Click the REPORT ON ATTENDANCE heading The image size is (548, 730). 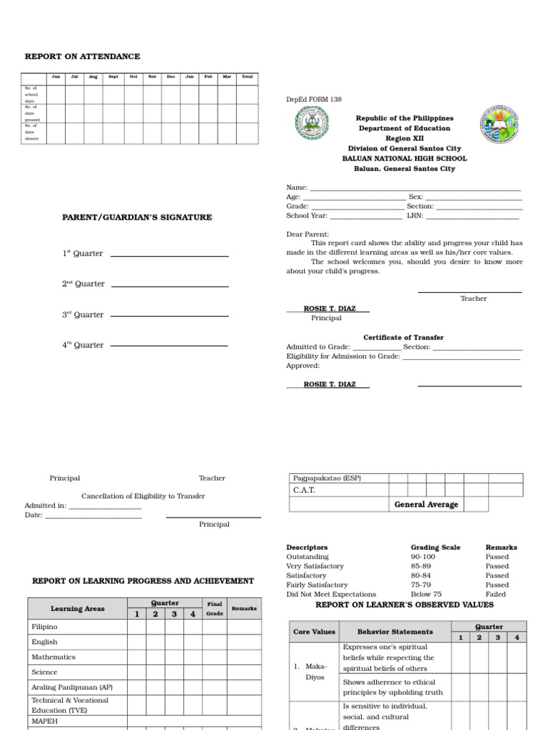coord(82,56)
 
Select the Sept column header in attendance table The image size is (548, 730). coord(113,77)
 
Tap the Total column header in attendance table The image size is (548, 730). coord(247,77)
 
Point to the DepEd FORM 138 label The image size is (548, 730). coord(310,100)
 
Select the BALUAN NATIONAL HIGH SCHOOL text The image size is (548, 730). coord(405,159)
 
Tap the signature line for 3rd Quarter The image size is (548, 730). coord(170,316)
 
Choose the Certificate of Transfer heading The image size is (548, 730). coord(403,337)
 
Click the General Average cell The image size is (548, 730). coord(427,505)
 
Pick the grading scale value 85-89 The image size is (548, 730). coord(420,566)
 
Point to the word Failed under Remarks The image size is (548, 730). coord(496,594)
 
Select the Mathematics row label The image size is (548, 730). coord(54,657)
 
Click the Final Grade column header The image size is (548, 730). coord(215,608)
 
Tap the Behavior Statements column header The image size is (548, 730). coord(395,632)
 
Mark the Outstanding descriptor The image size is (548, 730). coord(308,557)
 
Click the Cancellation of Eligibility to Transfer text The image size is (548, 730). coord(143,496)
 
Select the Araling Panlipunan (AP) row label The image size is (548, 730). coord(71,687)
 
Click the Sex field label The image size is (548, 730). coord(415,197)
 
